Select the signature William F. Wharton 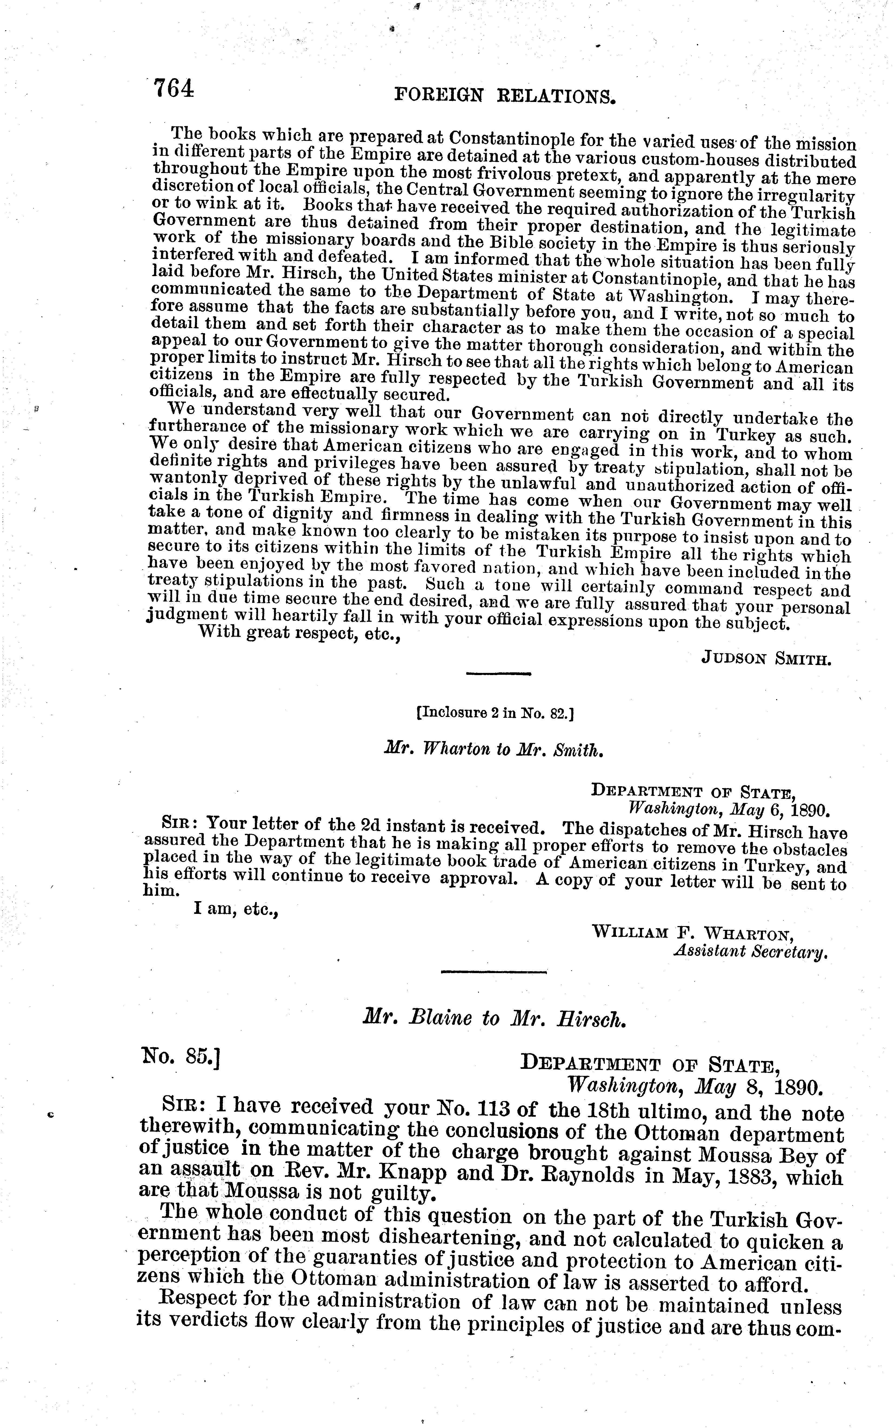693,934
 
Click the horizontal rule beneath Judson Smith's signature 499,673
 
